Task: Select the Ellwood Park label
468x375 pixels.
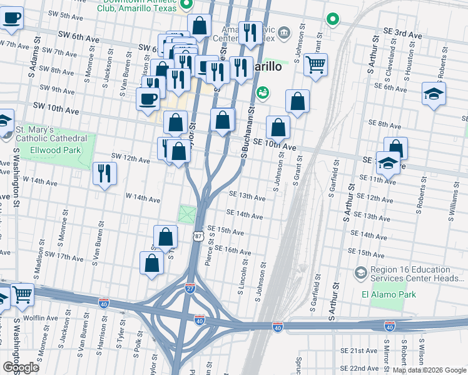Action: pyautogui.click(x=55, y=150)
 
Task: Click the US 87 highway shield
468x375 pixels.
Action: pyautogui.click(x=198, y=236)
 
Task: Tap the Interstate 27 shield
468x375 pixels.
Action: pyautogui.click(x=190, y=288)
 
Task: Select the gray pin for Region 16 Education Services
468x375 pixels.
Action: pyautogui.click(x=360, y=272)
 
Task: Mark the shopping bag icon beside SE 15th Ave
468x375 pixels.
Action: pyautogui.click(x=166, y=237)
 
